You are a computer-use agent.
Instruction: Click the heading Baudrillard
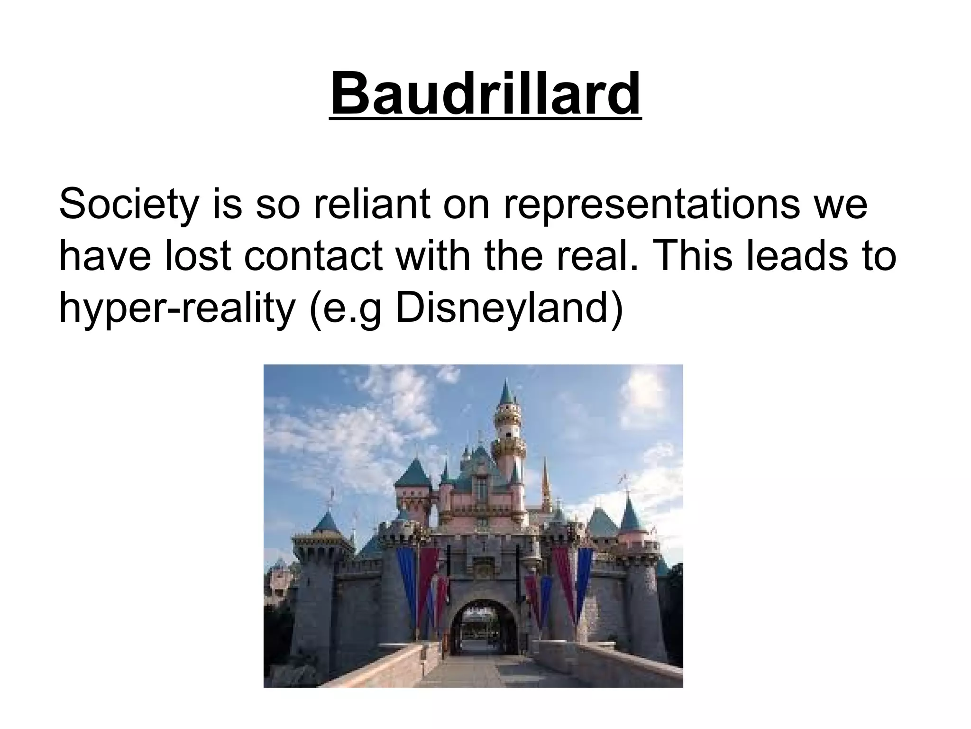[x=485, y=95]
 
